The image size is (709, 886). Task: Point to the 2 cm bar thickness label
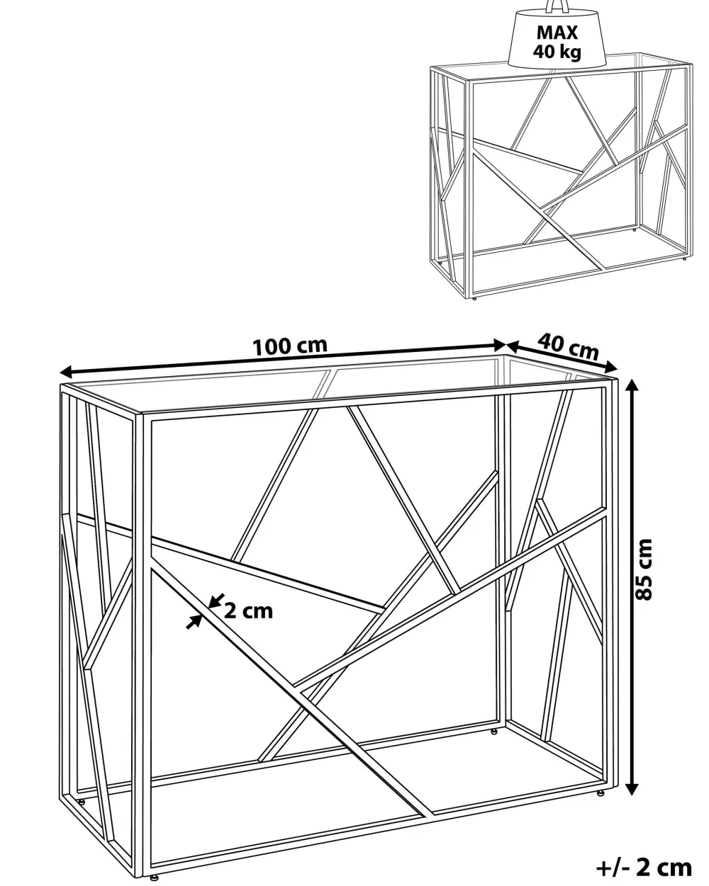[249, 611]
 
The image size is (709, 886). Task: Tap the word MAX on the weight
[557, 33]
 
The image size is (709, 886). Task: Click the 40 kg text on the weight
[557, 52]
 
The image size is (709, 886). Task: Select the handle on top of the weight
[557, 6]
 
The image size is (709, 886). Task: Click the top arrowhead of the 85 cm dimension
[632, 385]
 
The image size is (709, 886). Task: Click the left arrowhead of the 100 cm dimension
[67, 372]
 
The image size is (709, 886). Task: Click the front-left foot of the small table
[475, 297]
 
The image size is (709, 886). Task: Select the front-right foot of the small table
[685, 259]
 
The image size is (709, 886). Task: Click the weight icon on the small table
[557, 35]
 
